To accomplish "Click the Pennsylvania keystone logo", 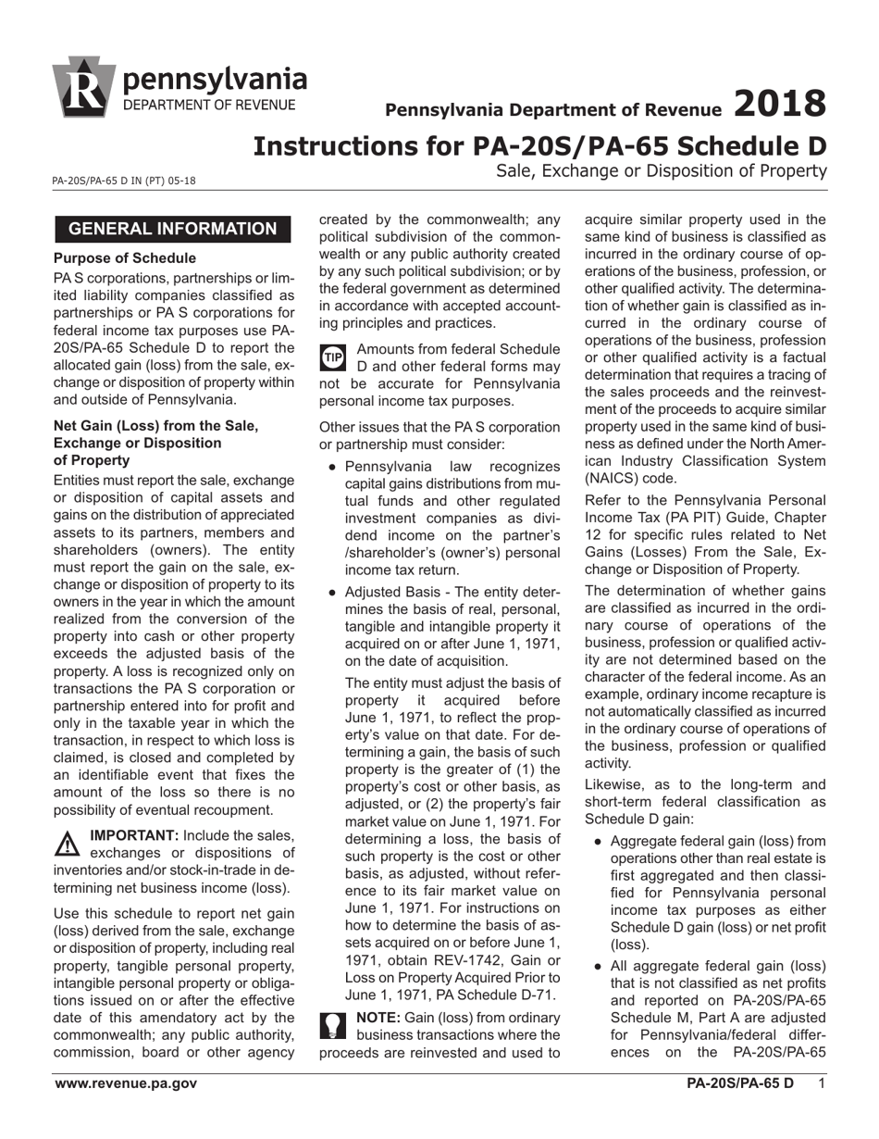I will click(85, 87).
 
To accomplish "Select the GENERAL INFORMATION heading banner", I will click(172, 229).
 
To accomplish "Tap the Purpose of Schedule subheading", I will click(124, 258).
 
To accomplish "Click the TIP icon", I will click(333, 357).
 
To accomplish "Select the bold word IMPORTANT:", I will click(133, 835).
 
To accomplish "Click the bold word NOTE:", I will click(378, 1017).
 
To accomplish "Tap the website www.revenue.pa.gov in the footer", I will click(125, 1083).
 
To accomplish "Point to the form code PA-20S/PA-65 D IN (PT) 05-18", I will click(124, 182).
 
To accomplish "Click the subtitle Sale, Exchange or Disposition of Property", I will click(661, 170).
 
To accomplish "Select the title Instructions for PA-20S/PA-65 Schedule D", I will click(539, 145).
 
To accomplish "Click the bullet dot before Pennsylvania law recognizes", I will click(332, 467).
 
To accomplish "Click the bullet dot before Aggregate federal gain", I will click(599, 842).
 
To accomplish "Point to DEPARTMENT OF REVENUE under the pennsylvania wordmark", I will click(210, 104).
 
